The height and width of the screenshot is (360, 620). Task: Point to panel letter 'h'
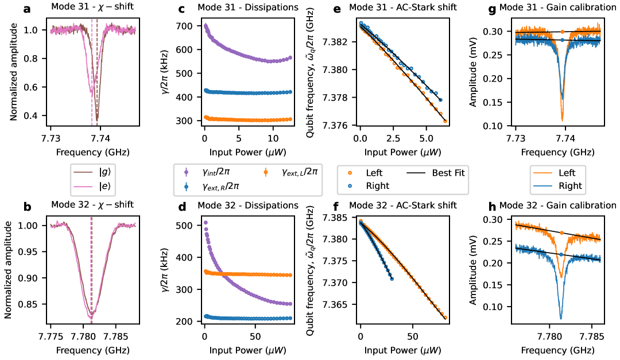pyautogui.click(x=493, y=206)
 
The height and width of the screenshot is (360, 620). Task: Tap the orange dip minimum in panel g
pyautogui.click(x=562, y=119)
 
